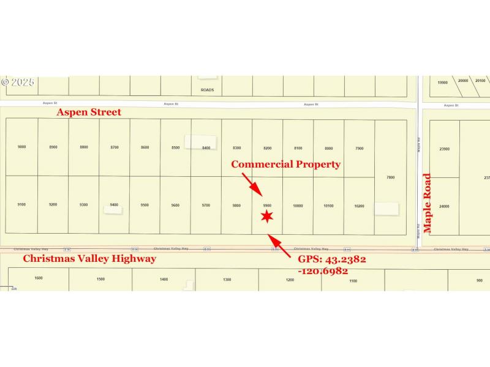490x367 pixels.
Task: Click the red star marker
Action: click(266, 216)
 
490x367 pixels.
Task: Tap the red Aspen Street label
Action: click(89, 113)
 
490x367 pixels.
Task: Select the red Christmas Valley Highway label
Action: click(89, 259)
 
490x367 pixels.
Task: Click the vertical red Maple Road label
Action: click(428, 203)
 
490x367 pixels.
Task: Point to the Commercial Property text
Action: click(285, 164)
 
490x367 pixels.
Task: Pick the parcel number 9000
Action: click(22, 147)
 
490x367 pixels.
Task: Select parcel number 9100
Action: click(22, 204)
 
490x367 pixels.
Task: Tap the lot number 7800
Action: click(391, 177)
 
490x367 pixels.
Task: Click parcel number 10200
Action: click(360, 206)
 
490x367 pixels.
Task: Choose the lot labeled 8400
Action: click(206, 147)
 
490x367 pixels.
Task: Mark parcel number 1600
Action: click(39, 278)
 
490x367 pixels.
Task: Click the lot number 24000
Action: click(444, 206)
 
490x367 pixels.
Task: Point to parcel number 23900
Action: click(445, 149)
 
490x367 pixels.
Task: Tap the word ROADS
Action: click(207, 90)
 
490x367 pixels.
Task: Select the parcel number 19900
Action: click(442, 82)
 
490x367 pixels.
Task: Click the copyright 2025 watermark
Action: click(18, 82)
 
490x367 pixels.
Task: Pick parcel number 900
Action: click(480, 280)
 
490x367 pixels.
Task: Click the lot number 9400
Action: click(114, 204)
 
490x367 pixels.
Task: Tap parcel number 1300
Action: click(227, 280)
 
